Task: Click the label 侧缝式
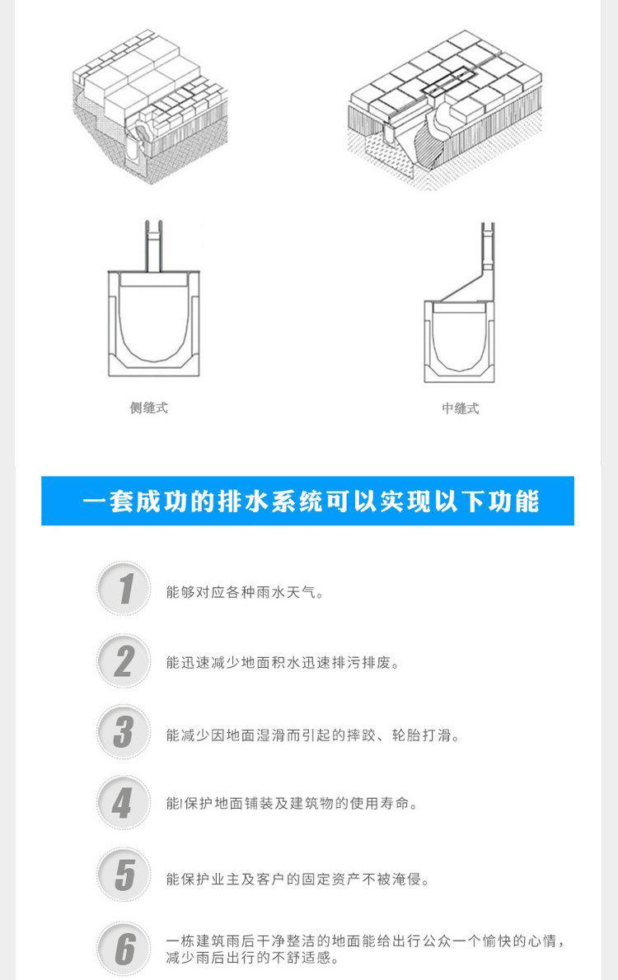point(149,408)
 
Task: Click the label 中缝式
point(460,408)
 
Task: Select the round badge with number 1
point(124,590)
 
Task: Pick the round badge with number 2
point(124,661)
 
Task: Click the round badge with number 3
point(124,733)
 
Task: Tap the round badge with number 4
point(124,803)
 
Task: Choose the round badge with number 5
point(124,875)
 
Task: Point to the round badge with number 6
point(124,949)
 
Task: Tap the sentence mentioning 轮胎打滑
point(313,735)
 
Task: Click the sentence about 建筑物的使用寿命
point(292,804)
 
